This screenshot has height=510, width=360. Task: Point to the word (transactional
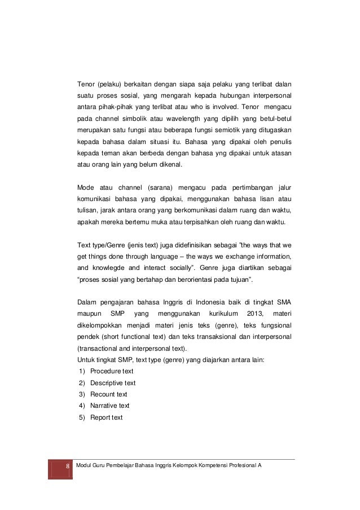pyautogui.click(x=98, y=348)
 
